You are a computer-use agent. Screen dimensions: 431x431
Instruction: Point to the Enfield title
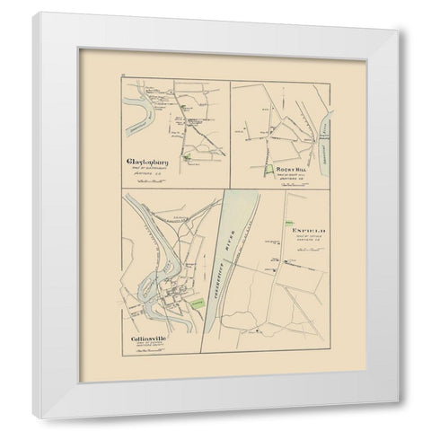306,232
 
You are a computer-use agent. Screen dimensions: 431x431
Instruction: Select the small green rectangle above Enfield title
289,221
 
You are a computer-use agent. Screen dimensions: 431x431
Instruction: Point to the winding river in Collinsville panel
144,287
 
